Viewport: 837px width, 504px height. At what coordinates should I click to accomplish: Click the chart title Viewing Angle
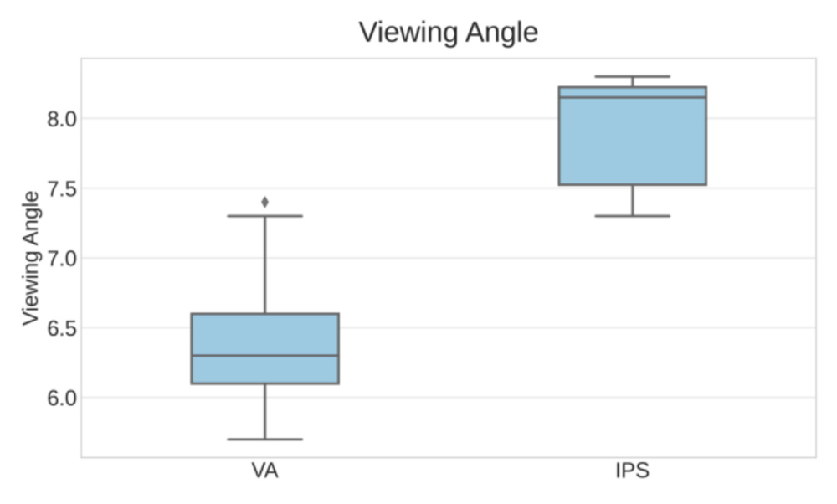click(448, 33)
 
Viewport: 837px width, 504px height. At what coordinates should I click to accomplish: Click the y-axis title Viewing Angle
click(30, 258)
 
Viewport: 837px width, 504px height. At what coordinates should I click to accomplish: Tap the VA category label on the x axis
click(264, 471)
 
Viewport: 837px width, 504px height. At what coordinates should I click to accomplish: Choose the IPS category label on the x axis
click(632, 471)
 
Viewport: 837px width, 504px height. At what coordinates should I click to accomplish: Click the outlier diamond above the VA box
click(265, 202)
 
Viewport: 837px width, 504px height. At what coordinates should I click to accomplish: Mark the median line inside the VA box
click(264, 355)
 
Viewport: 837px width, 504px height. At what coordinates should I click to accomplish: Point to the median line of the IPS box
click(632, 97)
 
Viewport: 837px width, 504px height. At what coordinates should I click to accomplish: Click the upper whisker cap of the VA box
click(264, 216)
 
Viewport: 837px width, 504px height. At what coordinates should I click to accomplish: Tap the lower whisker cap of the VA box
click(264, 439)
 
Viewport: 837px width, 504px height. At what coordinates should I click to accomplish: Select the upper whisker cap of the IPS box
click(632, 76)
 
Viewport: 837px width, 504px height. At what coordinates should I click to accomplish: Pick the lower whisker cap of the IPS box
click(632, 216)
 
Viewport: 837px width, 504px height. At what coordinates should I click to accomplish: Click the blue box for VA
click(264, 335)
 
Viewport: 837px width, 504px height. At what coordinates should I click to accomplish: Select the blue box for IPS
click(632, 142)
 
